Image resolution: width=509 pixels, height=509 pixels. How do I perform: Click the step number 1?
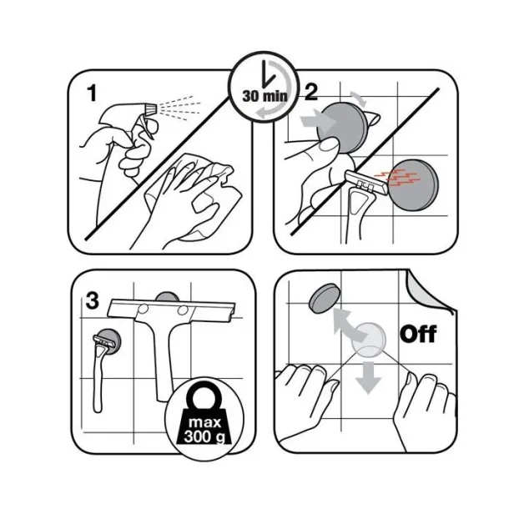coord(93,93)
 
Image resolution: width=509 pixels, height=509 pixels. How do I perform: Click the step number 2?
coord(311,92)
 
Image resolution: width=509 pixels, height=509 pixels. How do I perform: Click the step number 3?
coord(92,300)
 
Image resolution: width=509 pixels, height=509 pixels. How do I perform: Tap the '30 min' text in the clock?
coord(265,96)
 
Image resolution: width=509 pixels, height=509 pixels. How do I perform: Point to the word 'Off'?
coord(418,334)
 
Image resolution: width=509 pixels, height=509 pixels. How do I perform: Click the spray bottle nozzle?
coord(151,109)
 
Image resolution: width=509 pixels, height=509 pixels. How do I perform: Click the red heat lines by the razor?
coord(398,178)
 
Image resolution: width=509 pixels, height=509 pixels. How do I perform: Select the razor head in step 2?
coord(365,183)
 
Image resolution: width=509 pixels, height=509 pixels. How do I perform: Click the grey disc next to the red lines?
coord(413,185)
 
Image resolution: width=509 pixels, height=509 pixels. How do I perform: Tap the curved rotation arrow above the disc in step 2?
coord(359,98)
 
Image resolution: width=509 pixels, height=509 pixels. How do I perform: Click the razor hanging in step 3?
coord(101,370)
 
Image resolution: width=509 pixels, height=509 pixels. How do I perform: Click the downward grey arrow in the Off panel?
coord(368,377)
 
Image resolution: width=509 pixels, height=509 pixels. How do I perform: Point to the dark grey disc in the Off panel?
coord(325,298)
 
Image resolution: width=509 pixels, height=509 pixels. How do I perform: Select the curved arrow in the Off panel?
coord(350,326)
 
